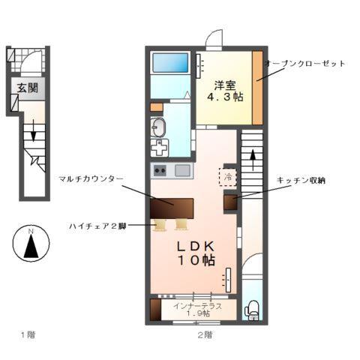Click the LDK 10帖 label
pos(196,253)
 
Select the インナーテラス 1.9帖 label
pos(196,308)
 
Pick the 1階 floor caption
pos(28,334)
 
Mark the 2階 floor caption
pos(205,334)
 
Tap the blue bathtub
pos(170,64)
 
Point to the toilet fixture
pos(252,307)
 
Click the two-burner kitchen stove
pos(160,170)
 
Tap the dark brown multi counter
pos(171,206)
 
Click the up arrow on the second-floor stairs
pos(252,158)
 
